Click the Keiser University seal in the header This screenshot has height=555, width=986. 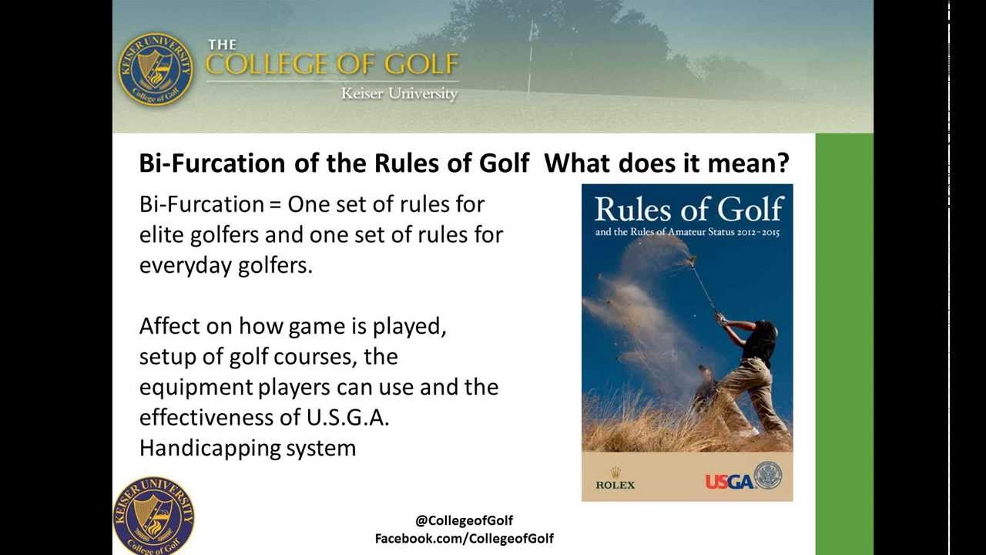point(156,69)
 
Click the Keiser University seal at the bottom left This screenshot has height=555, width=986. point(153,516)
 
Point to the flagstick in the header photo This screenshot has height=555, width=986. point(532,59)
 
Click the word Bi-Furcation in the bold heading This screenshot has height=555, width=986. point(212,163)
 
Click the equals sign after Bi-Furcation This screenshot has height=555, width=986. point(275,205)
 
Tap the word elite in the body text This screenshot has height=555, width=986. point(161,234)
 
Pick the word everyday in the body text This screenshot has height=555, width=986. point(186,266)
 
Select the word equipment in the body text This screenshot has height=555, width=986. point(196,388)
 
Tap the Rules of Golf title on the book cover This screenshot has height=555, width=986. point(689,209)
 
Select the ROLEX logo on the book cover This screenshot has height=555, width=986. point(615,479)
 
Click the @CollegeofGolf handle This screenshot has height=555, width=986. point(464,520)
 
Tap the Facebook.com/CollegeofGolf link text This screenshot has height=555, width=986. point(464,538)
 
